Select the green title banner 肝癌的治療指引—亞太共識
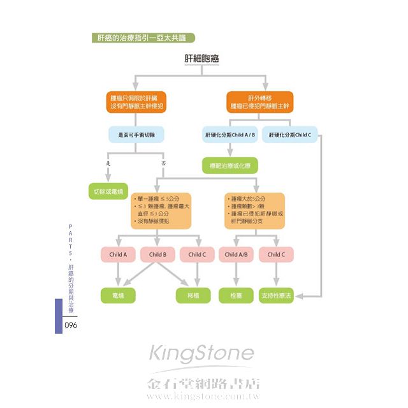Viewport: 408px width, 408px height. (142, 38)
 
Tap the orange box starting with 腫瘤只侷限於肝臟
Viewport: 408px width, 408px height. (137, 102)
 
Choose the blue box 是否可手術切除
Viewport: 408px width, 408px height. (137, 135)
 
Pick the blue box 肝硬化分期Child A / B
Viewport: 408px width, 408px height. (230, 135)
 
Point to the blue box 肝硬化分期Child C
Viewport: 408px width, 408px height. (289, 135)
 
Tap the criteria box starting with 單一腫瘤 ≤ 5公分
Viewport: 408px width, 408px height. (161, 210)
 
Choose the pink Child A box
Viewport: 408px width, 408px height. (118, 254)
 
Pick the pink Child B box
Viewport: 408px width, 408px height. (157, 254)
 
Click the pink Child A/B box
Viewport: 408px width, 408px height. (237, 254)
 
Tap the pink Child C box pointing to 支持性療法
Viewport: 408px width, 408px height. (276, 254)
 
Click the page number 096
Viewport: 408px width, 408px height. (71, 325)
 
